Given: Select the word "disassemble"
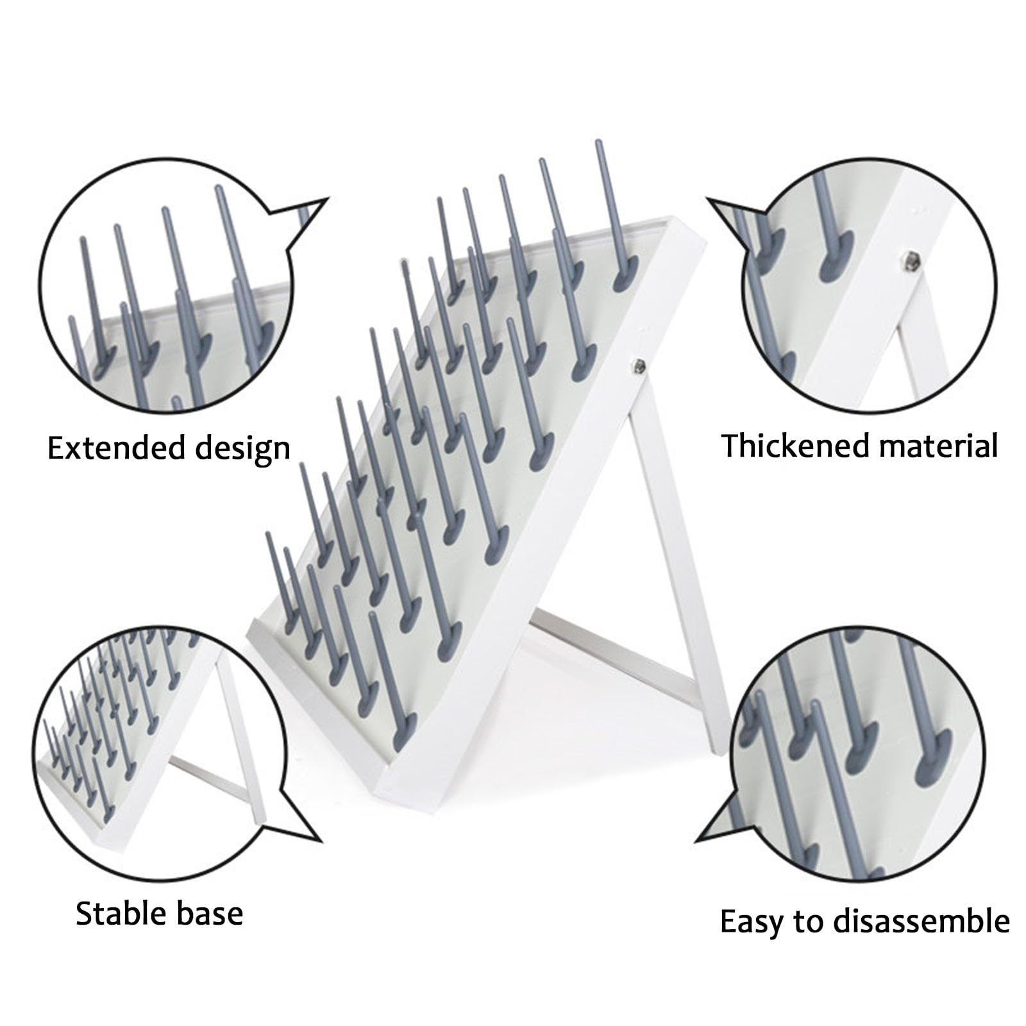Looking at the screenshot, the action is click(x=921, y=921).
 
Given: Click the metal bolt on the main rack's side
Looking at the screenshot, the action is click(x=638, y=366).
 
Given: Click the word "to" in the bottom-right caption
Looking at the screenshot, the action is click(x=808, y=922).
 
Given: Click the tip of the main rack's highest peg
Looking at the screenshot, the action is click(x=599, y=142).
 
